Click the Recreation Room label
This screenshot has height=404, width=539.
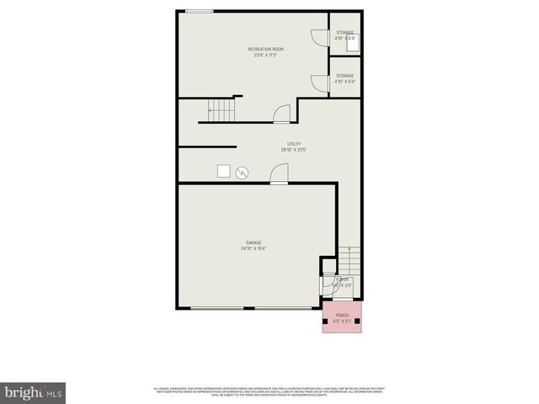(265, 50)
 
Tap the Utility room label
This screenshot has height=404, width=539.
(294, 144)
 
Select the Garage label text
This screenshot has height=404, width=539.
(253, 242)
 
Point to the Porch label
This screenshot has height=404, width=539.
(342, 315)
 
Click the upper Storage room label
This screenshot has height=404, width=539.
(345, 32)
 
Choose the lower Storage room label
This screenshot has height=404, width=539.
(345, 76)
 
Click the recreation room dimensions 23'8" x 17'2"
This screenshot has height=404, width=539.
(265, 56)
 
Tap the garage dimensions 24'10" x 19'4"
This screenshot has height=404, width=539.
(253, 248)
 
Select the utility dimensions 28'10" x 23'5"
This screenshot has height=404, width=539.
(294, 150)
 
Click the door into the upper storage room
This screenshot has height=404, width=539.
(319, 39)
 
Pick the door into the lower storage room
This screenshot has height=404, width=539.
(319, 82)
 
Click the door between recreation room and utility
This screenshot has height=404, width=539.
(282, 113)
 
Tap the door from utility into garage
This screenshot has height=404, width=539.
(278, 173)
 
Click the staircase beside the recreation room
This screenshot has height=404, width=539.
(220, 110)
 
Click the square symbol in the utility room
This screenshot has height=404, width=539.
(224, 170)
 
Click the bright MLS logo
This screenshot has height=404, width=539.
(34, 391)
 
